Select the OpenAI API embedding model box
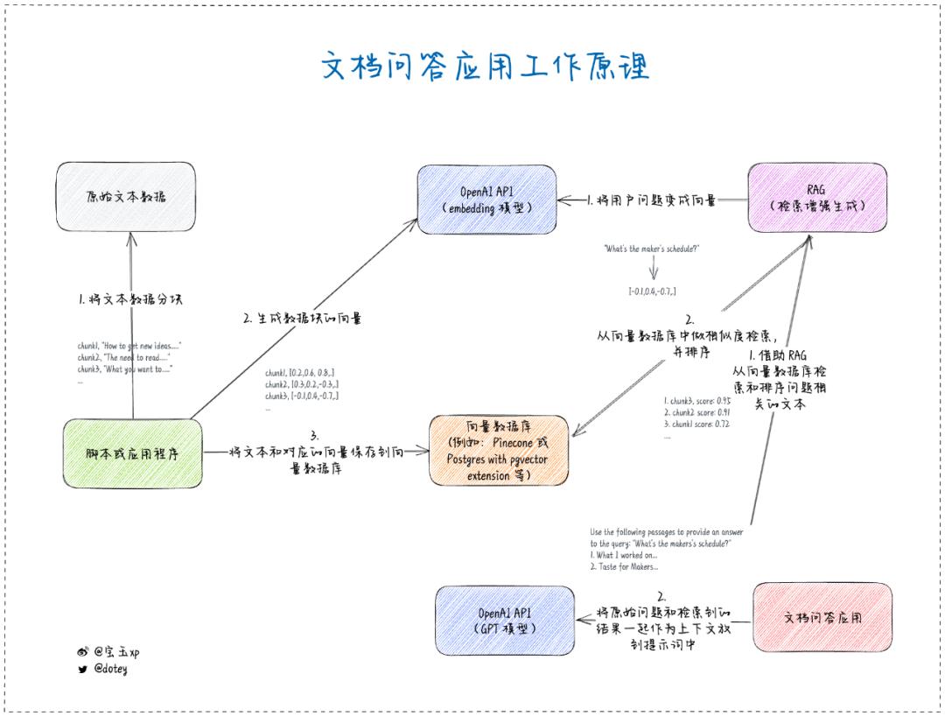pyautogui.click(x=486, y=200)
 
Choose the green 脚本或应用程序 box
pyautogui.click(x=133, y=453)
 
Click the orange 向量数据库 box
pyautogui.click(x=499, y=451)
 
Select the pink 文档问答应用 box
pyautogui.click(x=822, y=616)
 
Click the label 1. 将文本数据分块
pyautogui.click(x=129, y=299)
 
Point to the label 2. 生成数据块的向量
pyautogui.click(x=303, y=319)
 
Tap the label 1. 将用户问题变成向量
pyautogui.click(x=652, y=200)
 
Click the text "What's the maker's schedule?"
pyautogui.click(x=652, y=249)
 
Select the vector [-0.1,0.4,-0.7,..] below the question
pyautogui.click(x=652, y=291)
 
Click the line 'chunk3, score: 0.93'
pyautogui.click(x=696, y=401)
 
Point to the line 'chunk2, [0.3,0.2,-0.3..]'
pyautogui.click(x=302, y=384)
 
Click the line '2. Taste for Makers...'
pyautogui.click(x=624, y=566)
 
